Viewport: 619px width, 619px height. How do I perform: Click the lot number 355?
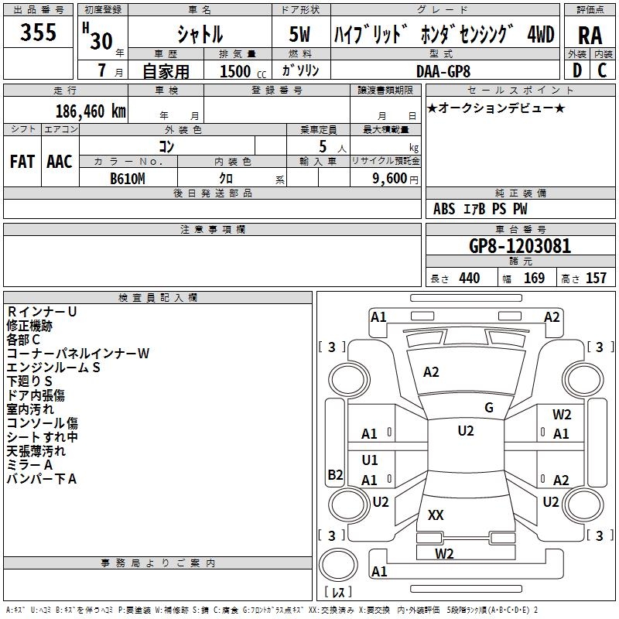(x=39, y=32)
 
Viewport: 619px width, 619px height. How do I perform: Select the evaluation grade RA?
(x=590, y=36)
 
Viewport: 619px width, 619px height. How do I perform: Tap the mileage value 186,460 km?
(x=91, y=111)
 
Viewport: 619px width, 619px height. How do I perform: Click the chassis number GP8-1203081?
(x=520, y=246)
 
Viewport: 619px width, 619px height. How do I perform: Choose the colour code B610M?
(x=128, y=178)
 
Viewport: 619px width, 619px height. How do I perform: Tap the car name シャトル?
(x=199, y=35)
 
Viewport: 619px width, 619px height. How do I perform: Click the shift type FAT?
(x=22, y=162)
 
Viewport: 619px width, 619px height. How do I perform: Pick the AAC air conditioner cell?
(x=60, y=162)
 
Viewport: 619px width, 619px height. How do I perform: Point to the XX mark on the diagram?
(x=436, y=515)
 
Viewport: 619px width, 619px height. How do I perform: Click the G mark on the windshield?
(x=488, y=408)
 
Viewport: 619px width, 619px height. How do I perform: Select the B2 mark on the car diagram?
(x=335, y=475)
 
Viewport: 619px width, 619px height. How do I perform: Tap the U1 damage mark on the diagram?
(x=370, y=460)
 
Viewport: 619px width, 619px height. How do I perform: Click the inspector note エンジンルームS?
(x=53, y=368)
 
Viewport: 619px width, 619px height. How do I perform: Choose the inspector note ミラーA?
(x=29, y=465)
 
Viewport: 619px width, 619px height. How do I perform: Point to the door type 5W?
(x=301, y=35)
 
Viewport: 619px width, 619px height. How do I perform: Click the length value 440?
(x=469, y=278)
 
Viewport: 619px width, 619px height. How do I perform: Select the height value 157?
(x=596, y=278)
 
